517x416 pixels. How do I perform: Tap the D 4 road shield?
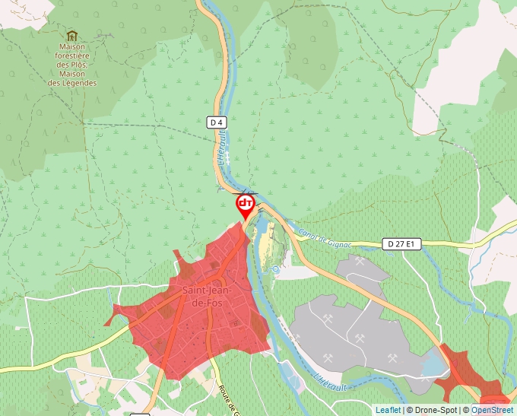[x=217, y=122]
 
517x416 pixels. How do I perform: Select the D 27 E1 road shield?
[x=401, y=244]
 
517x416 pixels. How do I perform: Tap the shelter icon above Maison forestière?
[x=72, y=35]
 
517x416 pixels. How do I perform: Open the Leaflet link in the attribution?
[x=388, y=410]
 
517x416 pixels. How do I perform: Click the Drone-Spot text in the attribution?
[x=435, y=410]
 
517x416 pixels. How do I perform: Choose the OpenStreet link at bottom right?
[x=493, y=410]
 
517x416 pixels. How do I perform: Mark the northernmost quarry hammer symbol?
[x=360, y=262]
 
